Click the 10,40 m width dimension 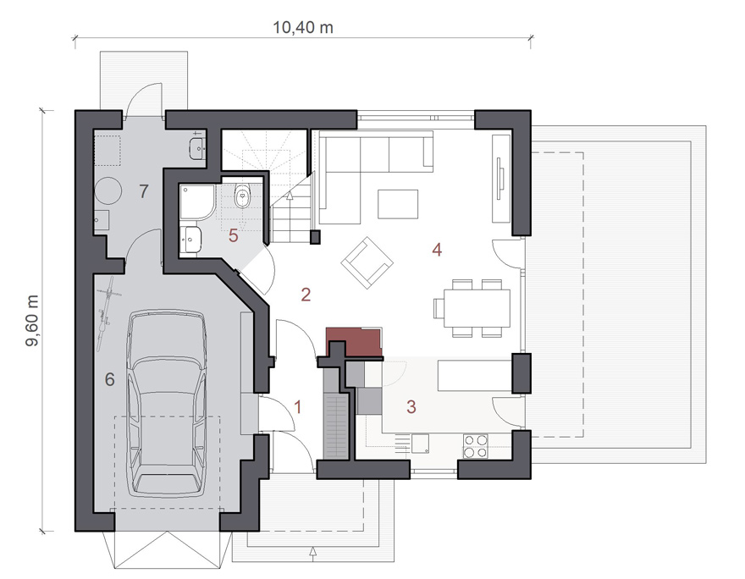click(303, 28)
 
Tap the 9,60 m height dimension click(32, 321)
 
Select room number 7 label click(144, 191)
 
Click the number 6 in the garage click(110, 379)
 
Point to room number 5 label click(233, 235)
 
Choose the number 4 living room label click(437, 250)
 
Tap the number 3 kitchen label click(411, 407)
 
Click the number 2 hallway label click(306, 295)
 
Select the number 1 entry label click(298, 407)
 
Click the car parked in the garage click(167, 404)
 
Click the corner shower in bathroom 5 click(197, 202)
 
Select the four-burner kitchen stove click(476, 446)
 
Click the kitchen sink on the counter click(421, 444)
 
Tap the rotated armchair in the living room click(367, 262)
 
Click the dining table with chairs click(472, 308)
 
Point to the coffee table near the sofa click(398, 204)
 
